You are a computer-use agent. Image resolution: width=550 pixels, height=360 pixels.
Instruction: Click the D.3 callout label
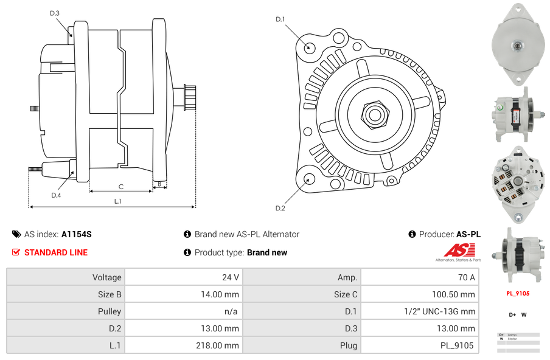point(54,13)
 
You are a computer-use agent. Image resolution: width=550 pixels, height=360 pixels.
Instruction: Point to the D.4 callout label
point(56,195)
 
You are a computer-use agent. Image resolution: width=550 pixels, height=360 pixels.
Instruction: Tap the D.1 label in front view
point(280,19)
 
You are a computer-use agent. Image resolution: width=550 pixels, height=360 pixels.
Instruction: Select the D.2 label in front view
point(280,208)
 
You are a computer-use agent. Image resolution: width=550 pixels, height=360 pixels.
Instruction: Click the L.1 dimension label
point(118,201)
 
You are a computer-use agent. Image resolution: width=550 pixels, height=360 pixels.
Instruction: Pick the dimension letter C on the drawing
point(120,187)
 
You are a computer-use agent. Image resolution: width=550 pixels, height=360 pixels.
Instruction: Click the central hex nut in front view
point(374,114)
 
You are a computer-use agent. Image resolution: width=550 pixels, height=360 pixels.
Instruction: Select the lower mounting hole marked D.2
point(309,179)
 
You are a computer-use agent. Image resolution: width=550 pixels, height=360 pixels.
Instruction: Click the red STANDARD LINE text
point(55,252)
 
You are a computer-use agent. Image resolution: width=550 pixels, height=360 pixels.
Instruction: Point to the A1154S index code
point(76,234)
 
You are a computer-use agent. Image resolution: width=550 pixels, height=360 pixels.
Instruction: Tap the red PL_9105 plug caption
point(518,293)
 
